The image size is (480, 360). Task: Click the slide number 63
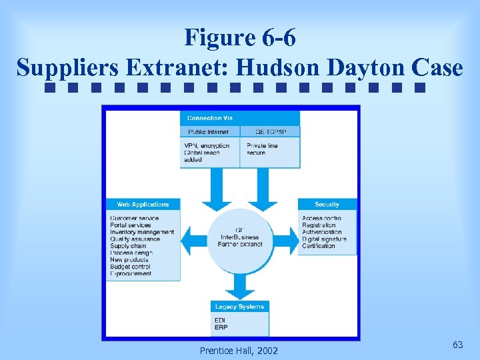[457, 345]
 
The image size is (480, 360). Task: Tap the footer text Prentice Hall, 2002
[239, 351]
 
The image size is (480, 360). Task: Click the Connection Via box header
[209, 118]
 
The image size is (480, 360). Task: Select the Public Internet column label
[209, 132]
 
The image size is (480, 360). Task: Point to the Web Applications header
[143, 205]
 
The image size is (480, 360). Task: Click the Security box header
[327, 205]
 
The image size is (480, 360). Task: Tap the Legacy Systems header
[239, 307]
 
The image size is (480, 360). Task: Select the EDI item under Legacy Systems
[220, 321]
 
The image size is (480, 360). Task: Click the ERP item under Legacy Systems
[221, 327]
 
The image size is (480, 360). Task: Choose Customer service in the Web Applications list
[135, 219]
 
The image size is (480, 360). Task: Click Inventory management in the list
[142, 232]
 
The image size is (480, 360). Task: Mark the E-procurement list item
[131, 273]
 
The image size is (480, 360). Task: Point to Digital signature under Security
[324, 239]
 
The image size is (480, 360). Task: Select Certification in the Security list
[319, 246]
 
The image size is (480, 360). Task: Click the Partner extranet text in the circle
[240, 245]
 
